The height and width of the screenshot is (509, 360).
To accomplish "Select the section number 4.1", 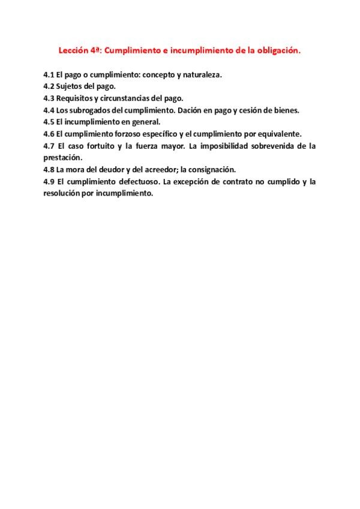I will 49,76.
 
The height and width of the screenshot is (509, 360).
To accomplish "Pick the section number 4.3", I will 49,98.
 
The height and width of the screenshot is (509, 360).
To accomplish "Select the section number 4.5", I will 49,122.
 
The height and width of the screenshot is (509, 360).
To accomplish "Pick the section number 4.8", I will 49,169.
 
